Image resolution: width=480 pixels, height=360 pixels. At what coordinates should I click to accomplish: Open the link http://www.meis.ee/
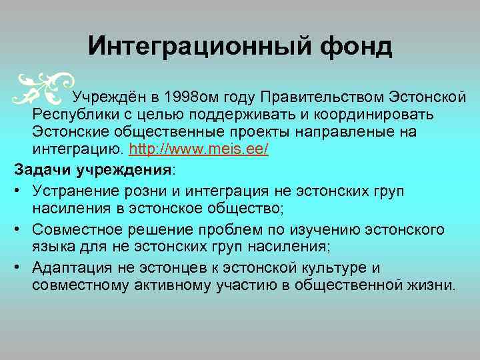(x=199, y=149)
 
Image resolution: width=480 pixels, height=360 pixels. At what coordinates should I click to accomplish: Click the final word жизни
(x=435, y=286)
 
